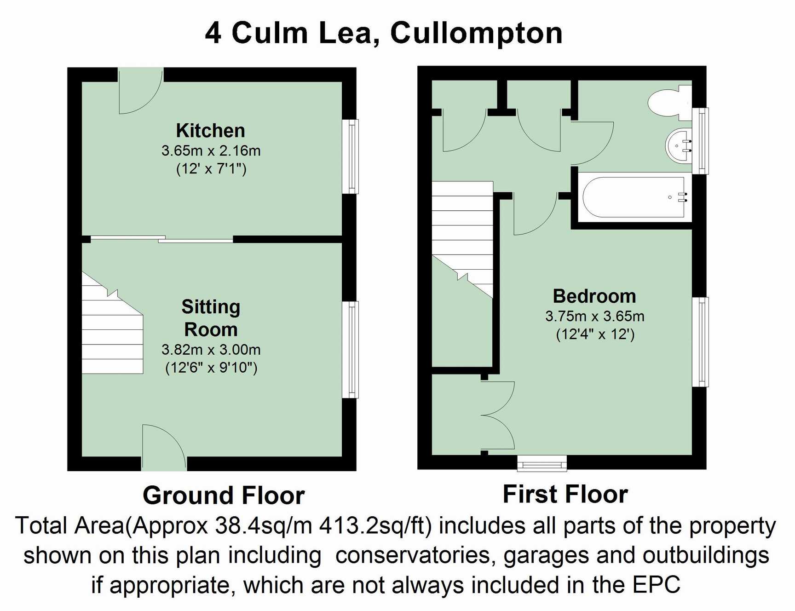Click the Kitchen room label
210,131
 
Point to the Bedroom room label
594,296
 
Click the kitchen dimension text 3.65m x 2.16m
211,150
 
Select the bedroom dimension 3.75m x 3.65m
594,316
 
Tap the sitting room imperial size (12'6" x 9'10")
211,368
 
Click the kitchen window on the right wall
352,156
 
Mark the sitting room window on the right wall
351,350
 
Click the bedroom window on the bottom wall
542,464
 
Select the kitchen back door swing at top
140,92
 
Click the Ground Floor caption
224,496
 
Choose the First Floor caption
565,495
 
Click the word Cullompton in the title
476,33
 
